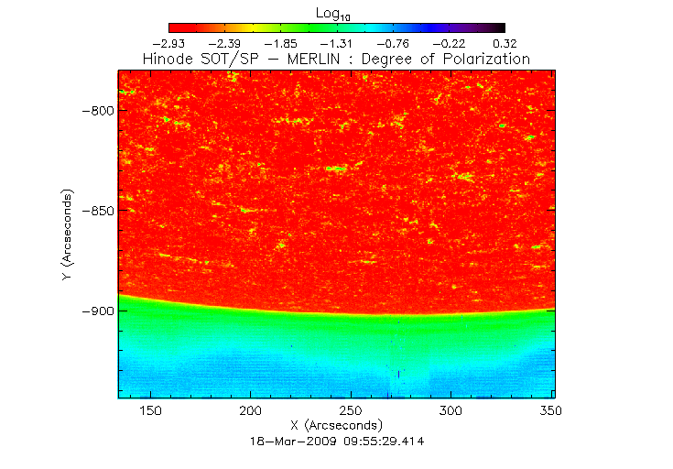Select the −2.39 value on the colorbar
pyautogui.click(x=225, y=42)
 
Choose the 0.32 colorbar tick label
pyautogui.click(x=505, y=42)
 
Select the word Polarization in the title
pyautogui.click(x=485, y=59)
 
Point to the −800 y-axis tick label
pyautogui.click(x=95, y=111)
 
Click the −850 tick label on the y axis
pyautogui.click(x=95, y=211)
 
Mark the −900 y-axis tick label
pyautogui.click(x=95, y=311)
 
